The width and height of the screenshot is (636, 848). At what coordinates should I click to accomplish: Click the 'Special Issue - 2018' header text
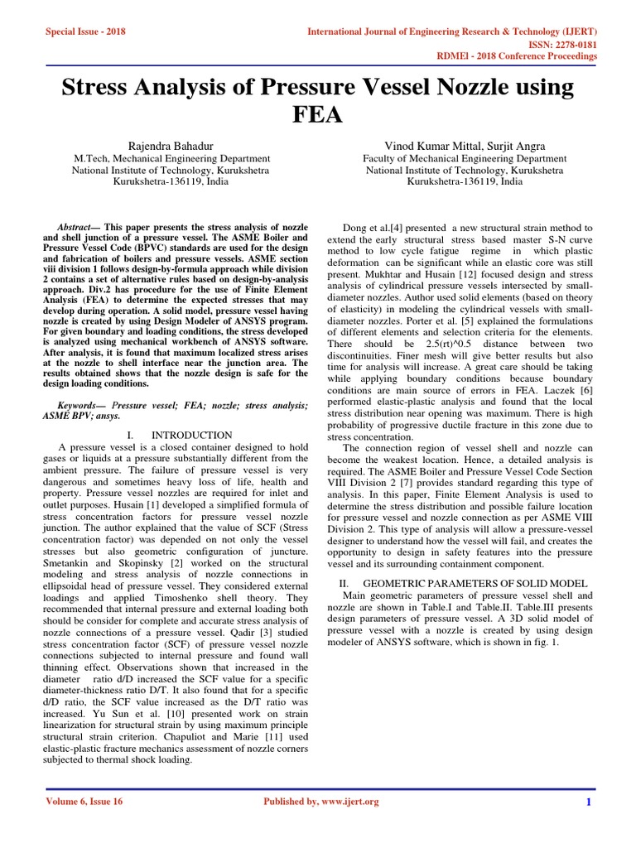[x=86, y=31]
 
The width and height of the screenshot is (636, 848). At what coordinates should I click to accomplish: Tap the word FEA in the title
[x=317, y=113]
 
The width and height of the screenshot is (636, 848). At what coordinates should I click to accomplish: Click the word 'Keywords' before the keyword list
[x=77, y=405]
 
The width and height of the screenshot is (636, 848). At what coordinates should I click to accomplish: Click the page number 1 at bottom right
[x=588, y=802]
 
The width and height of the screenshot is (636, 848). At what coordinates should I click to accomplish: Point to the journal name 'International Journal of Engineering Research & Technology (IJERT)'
[x=452, y=31]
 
